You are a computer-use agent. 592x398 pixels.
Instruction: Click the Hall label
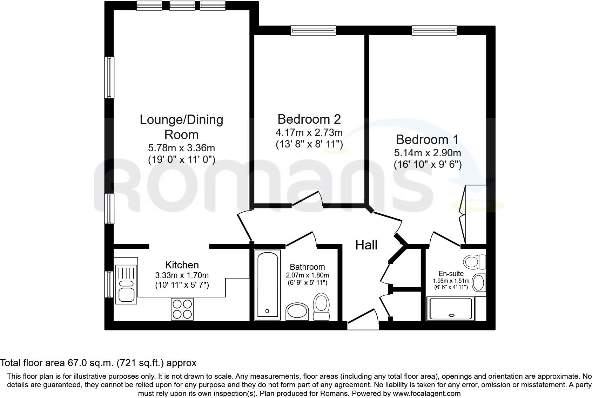click(366, 245)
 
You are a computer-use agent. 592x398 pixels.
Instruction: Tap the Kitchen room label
click(182, 265)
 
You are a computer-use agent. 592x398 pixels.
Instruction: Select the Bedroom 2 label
click(309, 119)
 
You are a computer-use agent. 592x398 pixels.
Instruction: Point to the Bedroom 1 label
click(427, 140)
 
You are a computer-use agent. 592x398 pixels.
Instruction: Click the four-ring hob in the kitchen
click(182, 309)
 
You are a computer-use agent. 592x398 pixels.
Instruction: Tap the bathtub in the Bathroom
click(268, 285)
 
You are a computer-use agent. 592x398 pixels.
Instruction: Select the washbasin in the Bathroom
click(297, 312)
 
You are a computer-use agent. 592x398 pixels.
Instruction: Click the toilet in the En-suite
click(475, 262)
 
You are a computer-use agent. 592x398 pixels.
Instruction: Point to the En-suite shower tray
click(451, 309)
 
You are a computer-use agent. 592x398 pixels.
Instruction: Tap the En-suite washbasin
click(479, 283)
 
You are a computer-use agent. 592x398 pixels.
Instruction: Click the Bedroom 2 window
click(313, 30)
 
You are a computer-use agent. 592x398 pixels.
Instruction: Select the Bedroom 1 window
click(434, 30)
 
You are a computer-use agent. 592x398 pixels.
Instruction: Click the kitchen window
click(109, 284)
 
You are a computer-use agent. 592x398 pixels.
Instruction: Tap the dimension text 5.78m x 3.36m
click(181, 148)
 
